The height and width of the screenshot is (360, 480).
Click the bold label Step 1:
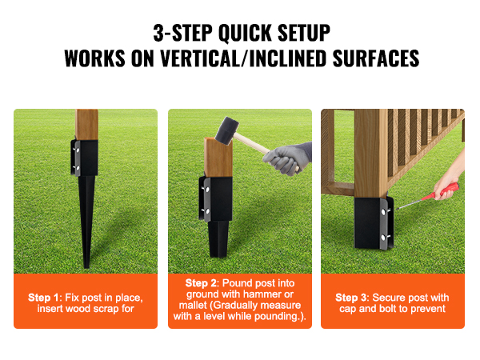(x=44, y=298)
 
